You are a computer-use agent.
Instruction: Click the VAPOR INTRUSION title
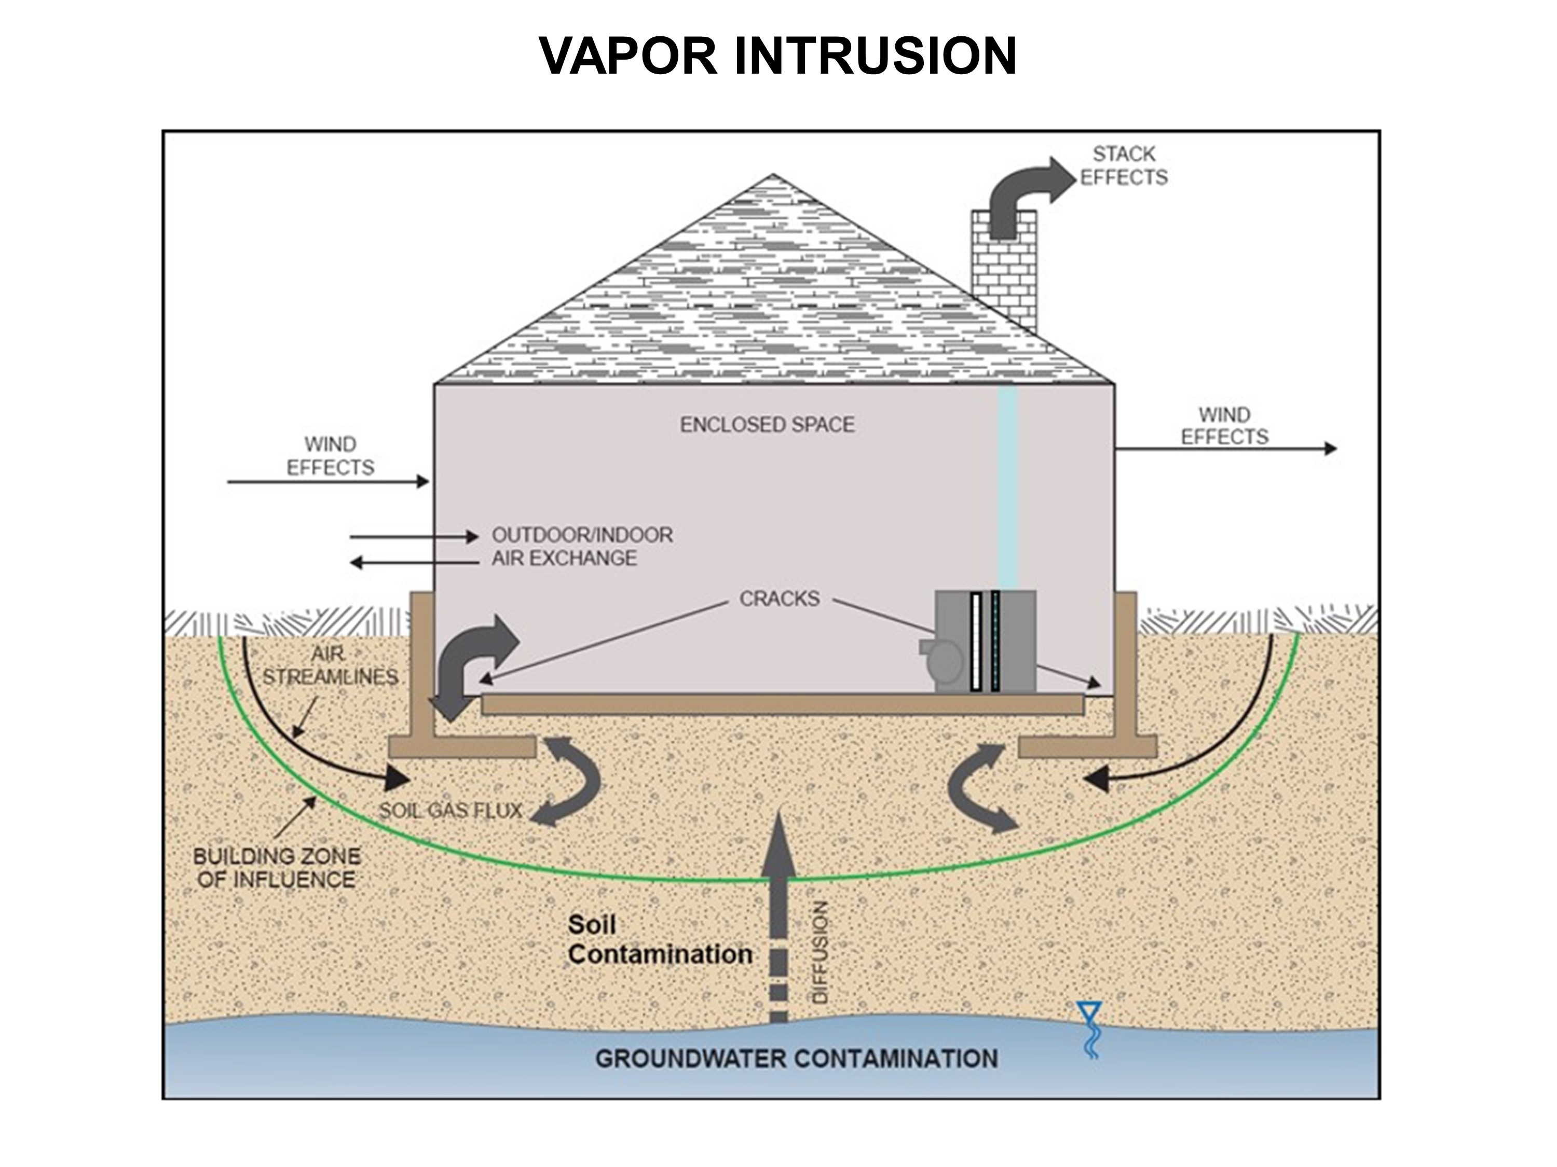click(778, 55)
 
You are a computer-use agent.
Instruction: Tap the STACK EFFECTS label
click(1124, 166)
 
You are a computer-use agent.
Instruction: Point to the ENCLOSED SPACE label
click(767, 425)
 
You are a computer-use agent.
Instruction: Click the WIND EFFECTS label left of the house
click(330, 456)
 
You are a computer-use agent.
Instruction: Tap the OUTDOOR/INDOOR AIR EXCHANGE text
click(581, 547)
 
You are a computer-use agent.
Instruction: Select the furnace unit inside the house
click(984, 642)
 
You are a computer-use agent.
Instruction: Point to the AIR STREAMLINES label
click(330, 665)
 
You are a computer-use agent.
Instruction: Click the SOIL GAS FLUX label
click(450, 811)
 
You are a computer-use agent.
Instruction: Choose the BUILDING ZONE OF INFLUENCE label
click(277, 868)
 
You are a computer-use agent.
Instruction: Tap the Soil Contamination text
click(660, 940)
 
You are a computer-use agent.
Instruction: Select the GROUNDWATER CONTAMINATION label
click(796, 1059)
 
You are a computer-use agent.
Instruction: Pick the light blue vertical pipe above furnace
click(1008, 485)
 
